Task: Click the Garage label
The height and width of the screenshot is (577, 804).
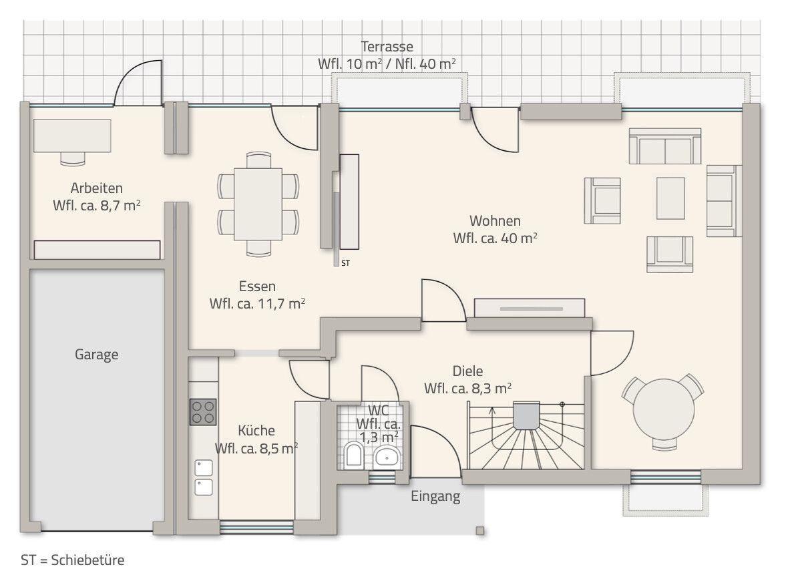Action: (x=96, y=355)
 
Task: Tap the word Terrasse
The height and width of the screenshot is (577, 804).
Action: (x=387, y=47)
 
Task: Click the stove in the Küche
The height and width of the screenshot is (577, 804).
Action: (x=203, y=411)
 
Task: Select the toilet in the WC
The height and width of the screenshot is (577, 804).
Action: (x=355, y=457)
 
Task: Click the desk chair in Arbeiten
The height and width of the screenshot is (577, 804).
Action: (x=73, y=158)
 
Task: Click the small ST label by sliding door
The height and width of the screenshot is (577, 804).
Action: (x=345, y=264)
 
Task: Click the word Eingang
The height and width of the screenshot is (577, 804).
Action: (x=435, y=496)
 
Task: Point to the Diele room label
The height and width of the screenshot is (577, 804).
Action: (x=467, y=372)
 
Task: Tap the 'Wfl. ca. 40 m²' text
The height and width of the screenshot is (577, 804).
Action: (x=495, y=238)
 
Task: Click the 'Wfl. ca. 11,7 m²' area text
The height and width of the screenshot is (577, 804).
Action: (x=257, y=303)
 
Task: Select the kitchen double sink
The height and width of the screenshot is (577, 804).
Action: (x=203, y=477)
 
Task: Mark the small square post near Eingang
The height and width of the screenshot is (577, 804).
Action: (x=479, y=531)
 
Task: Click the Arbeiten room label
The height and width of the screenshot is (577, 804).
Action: (x=96, y=188)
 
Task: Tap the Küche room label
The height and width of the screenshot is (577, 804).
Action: (x=256, y=431)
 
